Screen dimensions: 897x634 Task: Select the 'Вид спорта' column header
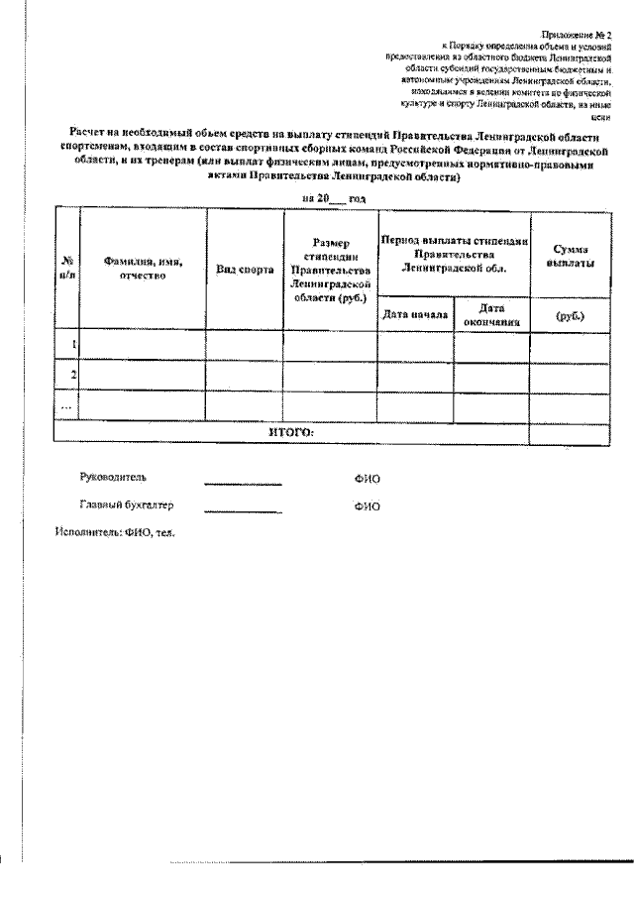coord(245,270)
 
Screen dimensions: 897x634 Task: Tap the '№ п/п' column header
coord(67,268)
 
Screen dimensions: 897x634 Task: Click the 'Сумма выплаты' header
coord(571,259)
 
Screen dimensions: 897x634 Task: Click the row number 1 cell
coord(67,345)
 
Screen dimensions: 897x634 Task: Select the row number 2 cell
coord(67,375)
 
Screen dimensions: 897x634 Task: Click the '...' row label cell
coord(67,404)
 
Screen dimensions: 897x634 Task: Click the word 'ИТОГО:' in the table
coord(291,433)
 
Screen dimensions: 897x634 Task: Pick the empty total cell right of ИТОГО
coord(571,433)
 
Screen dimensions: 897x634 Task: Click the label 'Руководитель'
coord(112,477)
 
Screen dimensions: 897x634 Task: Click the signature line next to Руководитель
coord(243,484)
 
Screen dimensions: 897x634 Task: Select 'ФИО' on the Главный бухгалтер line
coord(367,506)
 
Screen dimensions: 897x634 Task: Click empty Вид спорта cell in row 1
coord(245,345)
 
